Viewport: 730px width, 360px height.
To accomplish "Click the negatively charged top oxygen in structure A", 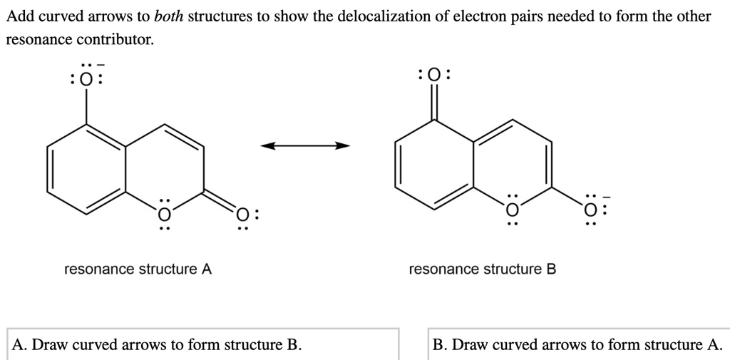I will (86, 79).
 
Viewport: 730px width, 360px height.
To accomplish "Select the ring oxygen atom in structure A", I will (164, 213).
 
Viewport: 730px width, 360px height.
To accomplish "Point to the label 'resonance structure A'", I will (138, 269).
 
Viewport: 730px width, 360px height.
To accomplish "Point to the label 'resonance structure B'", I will (482, 269).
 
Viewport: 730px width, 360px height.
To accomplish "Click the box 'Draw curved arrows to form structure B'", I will (202, 344).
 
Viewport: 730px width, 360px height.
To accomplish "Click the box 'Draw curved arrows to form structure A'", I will (578, 344).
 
